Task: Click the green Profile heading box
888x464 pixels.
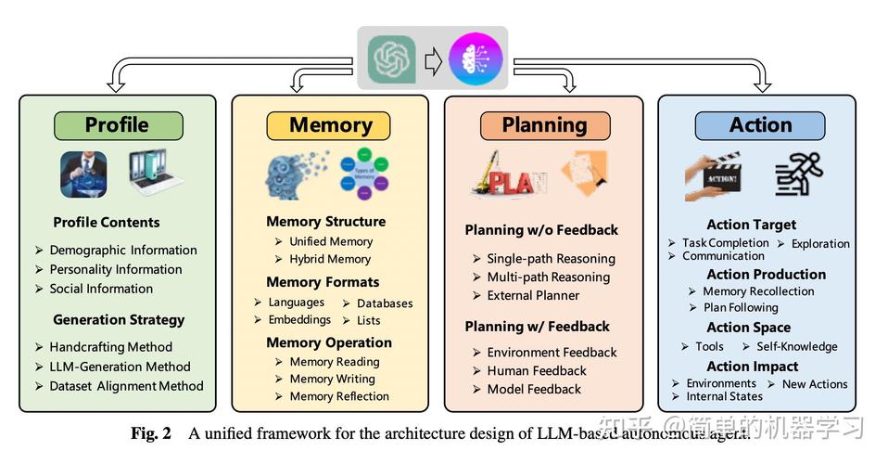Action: (118, 125)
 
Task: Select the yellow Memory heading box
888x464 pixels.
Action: (331, 125)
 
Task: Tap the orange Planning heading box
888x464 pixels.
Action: (544, 125)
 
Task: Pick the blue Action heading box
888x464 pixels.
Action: (760, 125)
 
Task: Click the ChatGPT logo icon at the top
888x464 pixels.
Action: (391, 59)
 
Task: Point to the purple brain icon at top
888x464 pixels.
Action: (476, 59)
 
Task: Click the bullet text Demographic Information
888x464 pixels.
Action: (123, 250)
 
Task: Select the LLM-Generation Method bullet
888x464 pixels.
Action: (120, 367)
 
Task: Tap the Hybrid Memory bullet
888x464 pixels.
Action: (329, 259)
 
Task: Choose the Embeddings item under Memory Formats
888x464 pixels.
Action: (299, 319)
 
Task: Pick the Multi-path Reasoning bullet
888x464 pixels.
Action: (548, 277)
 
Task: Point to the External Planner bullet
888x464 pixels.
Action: (533, 295)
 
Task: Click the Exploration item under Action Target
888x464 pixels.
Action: (820, 243)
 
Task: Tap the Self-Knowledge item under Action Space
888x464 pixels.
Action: (796, 346)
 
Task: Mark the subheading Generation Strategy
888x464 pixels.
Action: (119, 319)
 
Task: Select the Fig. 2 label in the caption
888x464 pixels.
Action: (150, 432)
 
